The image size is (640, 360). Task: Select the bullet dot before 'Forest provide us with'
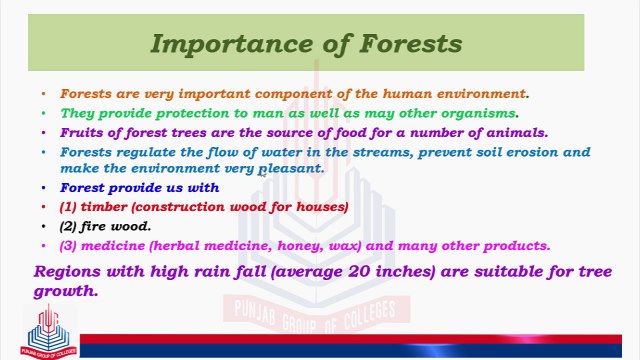(43, 187)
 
